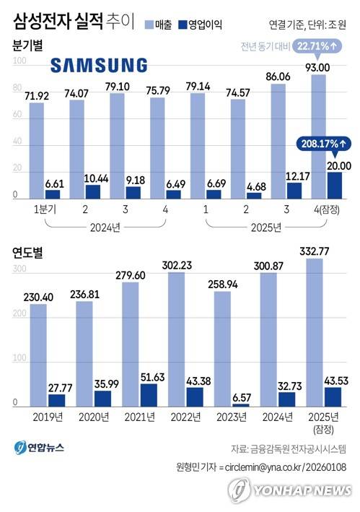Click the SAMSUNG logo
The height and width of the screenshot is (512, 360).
click(99, 66)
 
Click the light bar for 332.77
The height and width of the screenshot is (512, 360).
click(315, 332)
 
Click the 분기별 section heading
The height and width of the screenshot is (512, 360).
click(27, 45)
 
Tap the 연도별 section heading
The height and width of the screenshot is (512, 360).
click(27, 252)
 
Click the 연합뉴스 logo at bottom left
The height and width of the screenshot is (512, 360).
click(40, 447)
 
